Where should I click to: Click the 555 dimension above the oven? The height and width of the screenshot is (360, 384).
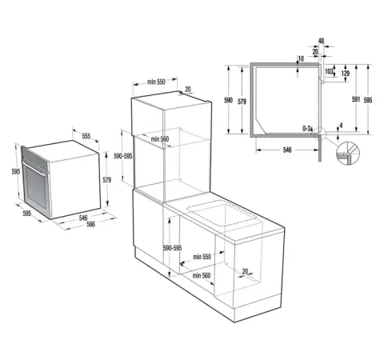click(x=86, y=136)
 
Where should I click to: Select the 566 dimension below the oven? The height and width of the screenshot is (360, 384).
click(x=91, y=225)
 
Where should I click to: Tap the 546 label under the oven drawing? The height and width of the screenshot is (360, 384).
click(x=83, y=218)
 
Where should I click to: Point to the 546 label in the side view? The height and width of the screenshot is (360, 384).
click(x=287, y=150)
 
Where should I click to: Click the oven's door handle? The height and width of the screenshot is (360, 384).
click(x=34, y=167)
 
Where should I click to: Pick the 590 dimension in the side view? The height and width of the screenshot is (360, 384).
click(x=228, y=100)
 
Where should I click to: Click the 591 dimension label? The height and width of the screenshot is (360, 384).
click(x=356, y=99)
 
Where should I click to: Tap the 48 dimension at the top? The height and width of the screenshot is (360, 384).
click(x=321, y=41)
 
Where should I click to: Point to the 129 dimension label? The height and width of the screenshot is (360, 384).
click(x=346, y=74)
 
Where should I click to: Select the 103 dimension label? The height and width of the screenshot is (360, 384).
click(x=329, y=71)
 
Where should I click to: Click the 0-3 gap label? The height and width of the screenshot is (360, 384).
click(x=306, y=129)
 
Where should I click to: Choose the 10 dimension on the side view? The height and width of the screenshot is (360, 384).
click(x=301, y=58)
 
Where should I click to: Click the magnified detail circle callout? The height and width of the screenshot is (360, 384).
click(x=348, y=154)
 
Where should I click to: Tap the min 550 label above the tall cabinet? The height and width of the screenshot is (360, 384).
click(x=156, y=82)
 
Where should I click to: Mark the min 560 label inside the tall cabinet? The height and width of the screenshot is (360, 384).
click(x=160, y=139)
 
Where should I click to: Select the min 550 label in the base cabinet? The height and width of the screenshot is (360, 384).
click(x=202, y=257)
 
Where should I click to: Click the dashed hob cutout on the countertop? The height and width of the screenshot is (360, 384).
click(x=222, y=213)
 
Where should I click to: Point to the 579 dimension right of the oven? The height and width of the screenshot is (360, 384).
click(x=107, y=180)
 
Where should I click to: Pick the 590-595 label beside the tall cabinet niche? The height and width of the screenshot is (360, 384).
click(x=123, y=156)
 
